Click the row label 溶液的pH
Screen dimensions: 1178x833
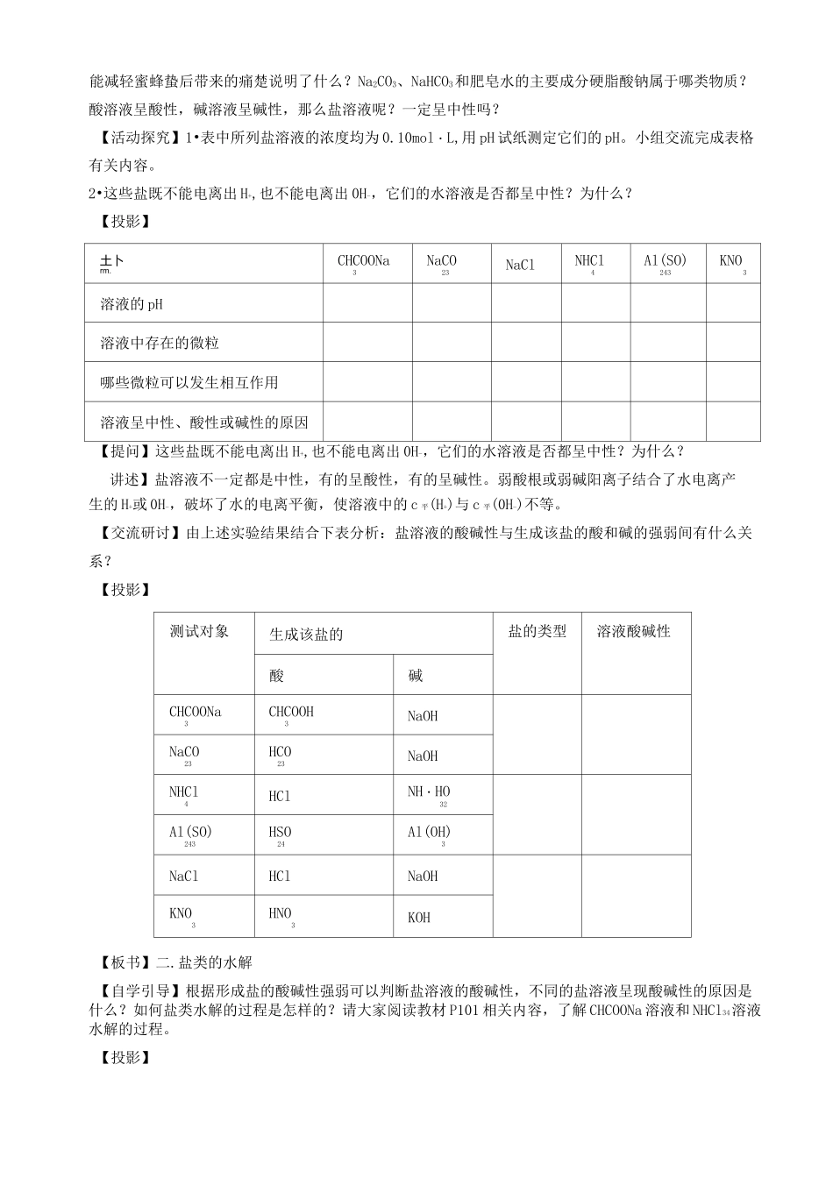[132, 304]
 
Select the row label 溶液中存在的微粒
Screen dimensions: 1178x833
[159, 344]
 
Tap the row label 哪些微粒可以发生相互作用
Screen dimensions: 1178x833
[189, 383]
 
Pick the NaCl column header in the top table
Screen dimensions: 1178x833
[520, 265]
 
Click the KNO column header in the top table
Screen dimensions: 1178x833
[731, 261]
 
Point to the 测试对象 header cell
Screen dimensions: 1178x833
[199, 631]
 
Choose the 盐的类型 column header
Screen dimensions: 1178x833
[538, 631]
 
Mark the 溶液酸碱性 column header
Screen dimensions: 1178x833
[634, 631]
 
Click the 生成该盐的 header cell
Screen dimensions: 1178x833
[306, 635]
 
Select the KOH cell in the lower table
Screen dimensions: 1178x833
[419, 918]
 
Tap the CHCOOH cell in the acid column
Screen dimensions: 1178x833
[291, 713]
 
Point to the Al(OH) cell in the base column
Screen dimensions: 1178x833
[429, 833]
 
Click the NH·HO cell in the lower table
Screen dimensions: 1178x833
[429, 792]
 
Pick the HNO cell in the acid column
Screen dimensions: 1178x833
[281, 914]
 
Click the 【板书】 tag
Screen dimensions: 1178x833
[122, 962]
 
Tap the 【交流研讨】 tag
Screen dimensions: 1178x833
[133, 533]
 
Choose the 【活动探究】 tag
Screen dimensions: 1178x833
[133, 138]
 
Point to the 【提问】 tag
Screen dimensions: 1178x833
[122, 452]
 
